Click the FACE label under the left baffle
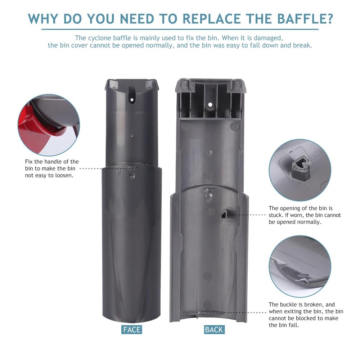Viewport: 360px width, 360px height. pyautogui.click(x=132, y=329)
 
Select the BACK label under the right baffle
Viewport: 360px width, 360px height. pyautogui.click(x=214, y=329)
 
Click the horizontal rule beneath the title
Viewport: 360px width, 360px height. pyautogui.click(x=180, y=29)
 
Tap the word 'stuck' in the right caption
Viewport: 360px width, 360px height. pyautogui.click(x=277, y=215)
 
